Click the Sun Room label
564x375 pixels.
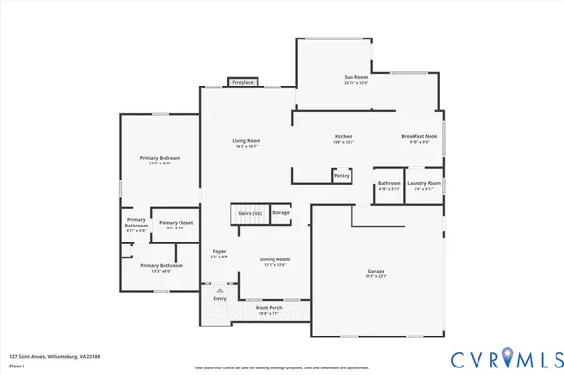click(x=355, y=77)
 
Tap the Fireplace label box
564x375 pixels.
click(x=243, y=83)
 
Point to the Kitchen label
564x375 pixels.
click(x=343, y=138)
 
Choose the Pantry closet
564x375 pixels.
click(x=341, y=175)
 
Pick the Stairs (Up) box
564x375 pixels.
click(x=250, y=214)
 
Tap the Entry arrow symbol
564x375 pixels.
click(x=220, y=290)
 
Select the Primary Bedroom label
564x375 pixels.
click(x=161, y=159)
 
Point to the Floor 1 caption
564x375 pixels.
click(x=17, y=367)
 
